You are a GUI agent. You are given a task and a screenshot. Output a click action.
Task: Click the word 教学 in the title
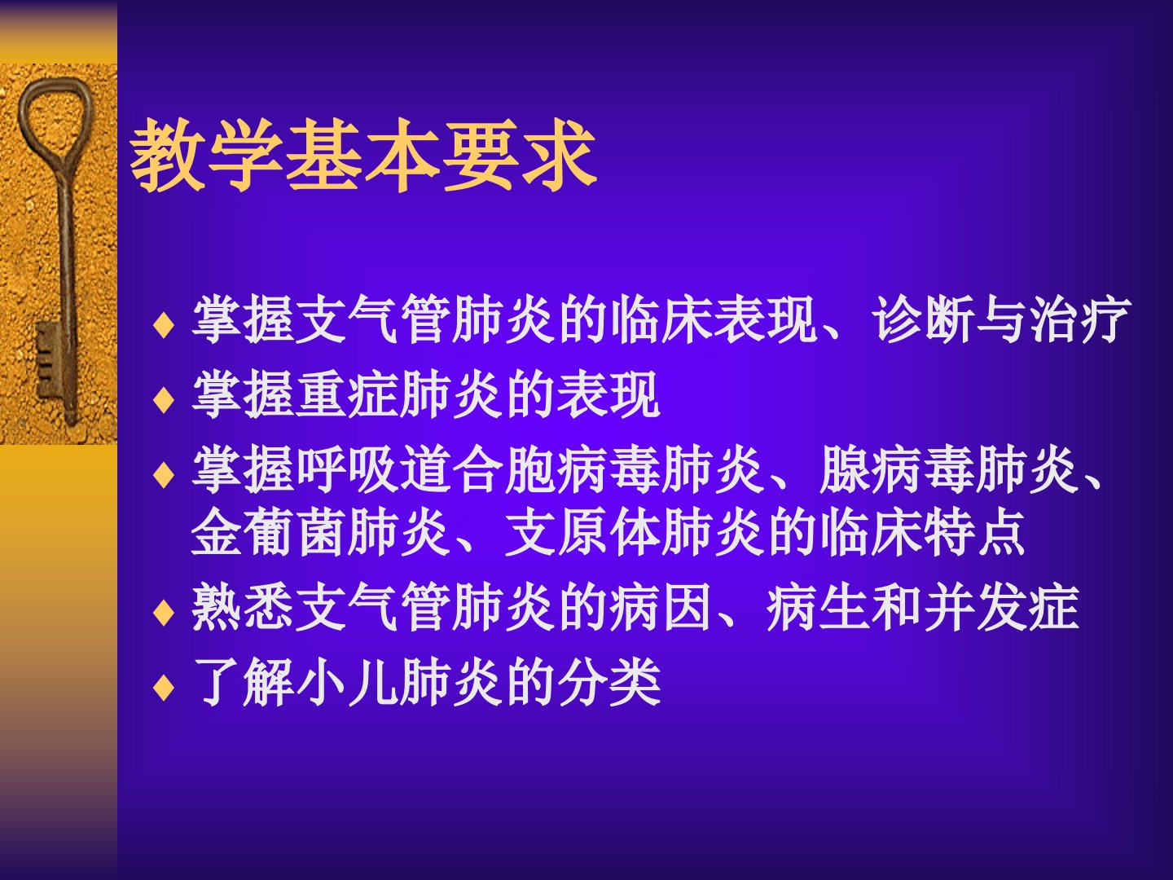[x=207, y=155]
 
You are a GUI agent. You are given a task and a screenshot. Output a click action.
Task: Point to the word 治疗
[x=1079, y=319]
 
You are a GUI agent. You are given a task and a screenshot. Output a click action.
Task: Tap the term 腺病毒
[x=896, y=469]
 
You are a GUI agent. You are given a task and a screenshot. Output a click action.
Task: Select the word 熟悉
[x=243, y=607]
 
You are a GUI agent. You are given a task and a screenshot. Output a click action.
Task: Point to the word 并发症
[x=1000, y=607]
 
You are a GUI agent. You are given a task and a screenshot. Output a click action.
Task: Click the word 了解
[x=243, y=682]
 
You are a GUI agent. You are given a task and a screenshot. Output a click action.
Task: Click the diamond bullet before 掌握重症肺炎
[x=164, y=398]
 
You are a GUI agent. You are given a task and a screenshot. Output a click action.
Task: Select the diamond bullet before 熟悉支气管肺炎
[x=164, y=612]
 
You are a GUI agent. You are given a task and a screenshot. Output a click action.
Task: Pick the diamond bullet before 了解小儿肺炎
[x=164, y=687]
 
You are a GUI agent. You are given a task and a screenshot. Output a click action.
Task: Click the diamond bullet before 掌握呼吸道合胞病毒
[x=164, y=474]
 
